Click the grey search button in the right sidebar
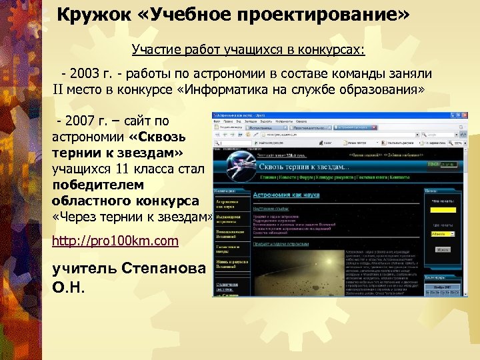pyautogui.click(x=442, y=249)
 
